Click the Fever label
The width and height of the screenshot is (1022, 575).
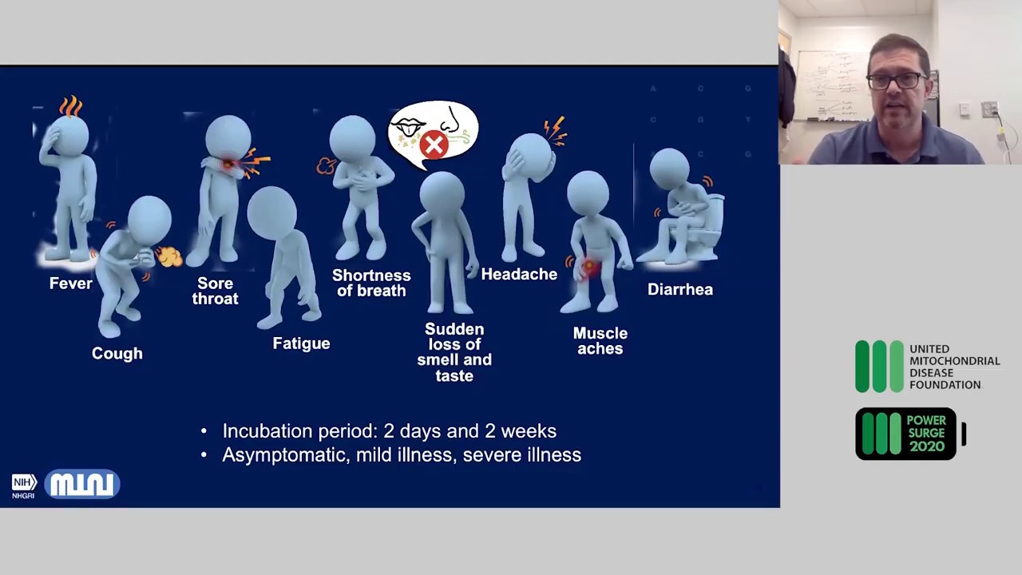tap(71, 284)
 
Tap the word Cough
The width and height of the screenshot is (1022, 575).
tap(117, 354)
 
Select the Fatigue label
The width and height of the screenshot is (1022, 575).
tap(301, 343)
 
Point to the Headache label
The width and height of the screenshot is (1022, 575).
tap(519, 274)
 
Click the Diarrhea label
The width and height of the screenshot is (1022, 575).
tap(680, 289)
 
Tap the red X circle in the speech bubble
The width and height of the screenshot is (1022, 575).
tap(434, 145)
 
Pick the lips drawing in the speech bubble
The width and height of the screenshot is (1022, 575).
tap(408, 126)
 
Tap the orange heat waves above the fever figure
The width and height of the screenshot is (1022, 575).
tap(71, 106)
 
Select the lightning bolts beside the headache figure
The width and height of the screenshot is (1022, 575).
tap(555, 132)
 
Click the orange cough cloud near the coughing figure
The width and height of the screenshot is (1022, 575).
tap(169, 256)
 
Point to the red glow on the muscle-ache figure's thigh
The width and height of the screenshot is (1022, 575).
tap(589, 265)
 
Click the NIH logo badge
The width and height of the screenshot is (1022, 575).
tap(24, 486)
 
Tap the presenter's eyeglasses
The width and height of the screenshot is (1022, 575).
tap(896, 81)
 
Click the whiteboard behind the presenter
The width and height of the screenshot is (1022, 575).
tap(832, 85)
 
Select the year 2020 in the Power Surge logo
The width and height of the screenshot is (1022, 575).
tap(927, 446)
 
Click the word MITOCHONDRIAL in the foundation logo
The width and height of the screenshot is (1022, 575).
tap(955, 361)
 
